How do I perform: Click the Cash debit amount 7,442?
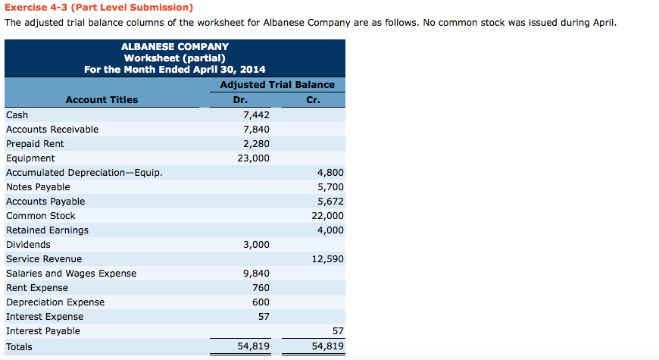click(256, 115)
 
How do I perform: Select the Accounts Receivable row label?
click(52, 130)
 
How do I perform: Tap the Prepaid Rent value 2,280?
click(256, 144)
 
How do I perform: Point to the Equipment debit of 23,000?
click(253, 158)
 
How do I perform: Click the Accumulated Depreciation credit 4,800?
click(330, 173)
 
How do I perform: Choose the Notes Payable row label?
click(38, 187)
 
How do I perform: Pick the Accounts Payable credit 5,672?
click(330, 202)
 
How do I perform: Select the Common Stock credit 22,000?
click(328, 216)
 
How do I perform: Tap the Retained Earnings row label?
click(47, 230)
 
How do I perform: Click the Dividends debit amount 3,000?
click(256, 245)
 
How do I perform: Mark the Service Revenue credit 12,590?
click(328, 259)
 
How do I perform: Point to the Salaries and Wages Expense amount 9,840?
click(256, 274)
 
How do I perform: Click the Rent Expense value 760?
click(261, 288)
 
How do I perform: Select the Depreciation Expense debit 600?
click(261, 302)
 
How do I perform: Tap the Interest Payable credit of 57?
click(338, 331)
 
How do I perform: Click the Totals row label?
click(19, 346)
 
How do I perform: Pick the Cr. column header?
click(314, 100)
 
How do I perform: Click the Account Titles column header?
click(102, 100)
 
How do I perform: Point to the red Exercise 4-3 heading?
click(98, 8)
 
